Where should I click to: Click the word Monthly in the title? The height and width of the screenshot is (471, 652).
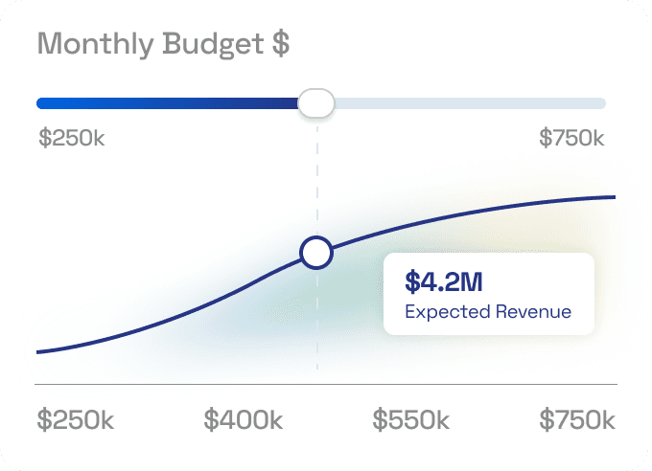(93, 45)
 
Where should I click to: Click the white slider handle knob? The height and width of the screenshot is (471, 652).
(315, 102)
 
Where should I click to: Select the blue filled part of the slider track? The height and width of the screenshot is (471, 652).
(163, 103)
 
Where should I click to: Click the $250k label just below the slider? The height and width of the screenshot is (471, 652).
(71, 138)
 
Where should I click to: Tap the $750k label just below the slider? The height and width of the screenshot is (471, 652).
(571, 138)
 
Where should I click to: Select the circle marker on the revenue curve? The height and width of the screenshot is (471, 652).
(316, 253)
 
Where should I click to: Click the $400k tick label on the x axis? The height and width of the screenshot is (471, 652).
(244, 420)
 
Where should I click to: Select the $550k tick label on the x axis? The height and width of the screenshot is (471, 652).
(411, 420)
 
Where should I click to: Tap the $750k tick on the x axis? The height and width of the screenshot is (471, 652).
(577, 420)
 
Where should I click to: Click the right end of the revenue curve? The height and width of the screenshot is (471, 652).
(612, 197)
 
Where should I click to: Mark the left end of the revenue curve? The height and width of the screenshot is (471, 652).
(39, 352)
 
